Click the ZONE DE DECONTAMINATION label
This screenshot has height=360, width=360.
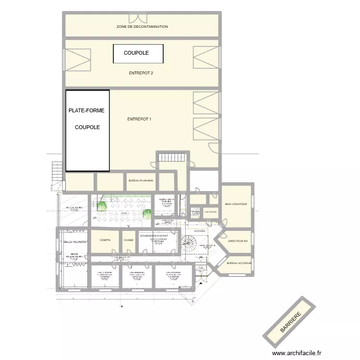click(x=142, y=27)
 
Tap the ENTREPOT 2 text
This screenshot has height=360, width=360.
click(x=141, y=73)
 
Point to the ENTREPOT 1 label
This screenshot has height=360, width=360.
click(x=139, y=119)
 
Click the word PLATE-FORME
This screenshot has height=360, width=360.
click(x=86, y=111)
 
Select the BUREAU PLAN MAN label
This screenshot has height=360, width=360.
click(x=141, y=181)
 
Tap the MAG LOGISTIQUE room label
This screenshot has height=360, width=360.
click(x=236, y=204)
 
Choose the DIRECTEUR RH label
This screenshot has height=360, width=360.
click(x=238, y=241)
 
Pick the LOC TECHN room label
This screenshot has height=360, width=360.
click(x=210, y=212)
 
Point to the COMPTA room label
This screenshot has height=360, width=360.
click(x=105, y=240)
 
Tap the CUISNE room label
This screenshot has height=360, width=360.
click(x=129, y=240)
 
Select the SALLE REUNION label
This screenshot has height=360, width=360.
click(x=74, y=242)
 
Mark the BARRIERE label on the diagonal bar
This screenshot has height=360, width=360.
click(x=290, y=322)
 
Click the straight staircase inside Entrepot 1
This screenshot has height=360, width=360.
click(x=168, y=157)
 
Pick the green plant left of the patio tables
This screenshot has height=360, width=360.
click(x=102, y=205)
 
